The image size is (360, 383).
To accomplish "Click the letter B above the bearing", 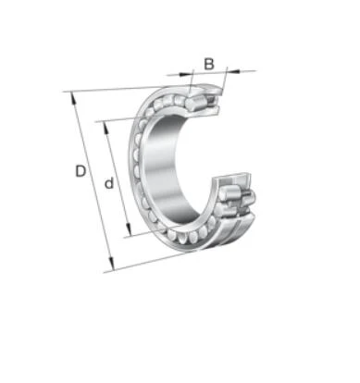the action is pyautogui.click(x=209, y=64).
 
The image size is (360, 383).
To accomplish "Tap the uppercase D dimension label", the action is pyautogui.click(x=81, y=171).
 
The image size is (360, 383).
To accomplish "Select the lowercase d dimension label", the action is pyautogui.click(x=109, y=183).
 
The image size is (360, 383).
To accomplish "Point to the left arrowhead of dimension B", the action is pyautogui.click(x=185, y=74).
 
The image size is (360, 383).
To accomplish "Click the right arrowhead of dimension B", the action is pyautogui.click(x=233, y=71).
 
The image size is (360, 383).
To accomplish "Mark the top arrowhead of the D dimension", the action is pyautogui.click(x=73, y=98).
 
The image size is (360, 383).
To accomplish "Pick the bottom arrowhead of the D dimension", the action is pyautogui.click(x=112, y=265).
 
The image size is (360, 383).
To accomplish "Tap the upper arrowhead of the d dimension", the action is pyautogui.click(x=106, y=128).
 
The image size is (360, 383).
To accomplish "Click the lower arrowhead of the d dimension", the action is pyautogui.click(x=129, y=229).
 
